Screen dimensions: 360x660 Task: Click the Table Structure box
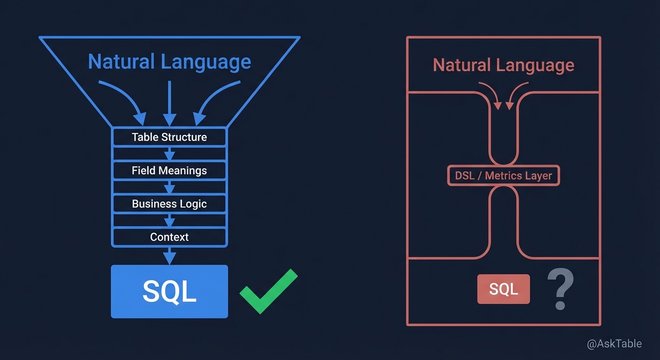(x=169, y=137)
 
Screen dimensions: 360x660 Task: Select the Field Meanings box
(x=169, y=171)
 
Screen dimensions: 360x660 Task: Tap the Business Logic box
(x=169, y=204)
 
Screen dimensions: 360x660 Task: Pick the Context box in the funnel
(x=169, y=237)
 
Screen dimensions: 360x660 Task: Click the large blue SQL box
(x=169, y=292)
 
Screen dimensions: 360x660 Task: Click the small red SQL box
(x=503, y=289)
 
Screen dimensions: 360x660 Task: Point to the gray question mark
(x=561, y=289)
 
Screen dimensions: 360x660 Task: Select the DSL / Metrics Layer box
(x=503, y=176)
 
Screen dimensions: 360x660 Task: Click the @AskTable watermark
(x=614, y=344)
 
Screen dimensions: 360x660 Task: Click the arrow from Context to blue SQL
(x=169, y=256)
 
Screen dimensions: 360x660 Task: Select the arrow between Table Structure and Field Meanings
(x=169, y=154)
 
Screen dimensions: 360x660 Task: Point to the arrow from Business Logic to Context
(x=169, y=220)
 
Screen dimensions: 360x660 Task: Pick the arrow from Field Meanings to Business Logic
(x=169, y=187)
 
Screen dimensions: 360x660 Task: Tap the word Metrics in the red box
(x=503, y=176)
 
